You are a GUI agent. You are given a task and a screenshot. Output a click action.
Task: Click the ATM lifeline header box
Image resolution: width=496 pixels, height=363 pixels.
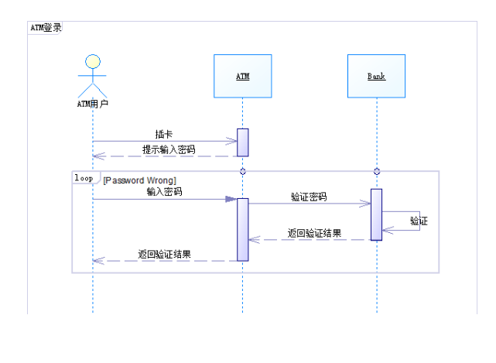(x=242, y=76)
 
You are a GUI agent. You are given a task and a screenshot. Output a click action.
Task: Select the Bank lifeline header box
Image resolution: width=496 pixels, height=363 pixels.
(x=376, y=76)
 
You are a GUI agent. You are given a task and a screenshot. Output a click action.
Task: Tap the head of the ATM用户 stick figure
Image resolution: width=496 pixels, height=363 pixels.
(x=93, y=61)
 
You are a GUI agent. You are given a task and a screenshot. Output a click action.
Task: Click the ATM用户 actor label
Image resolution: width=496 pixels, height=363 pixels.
(x=92, y=103)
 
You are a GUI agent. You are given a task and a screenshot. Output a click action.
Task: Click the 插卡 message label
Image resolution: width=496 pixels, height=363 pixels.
(x=164, y=134)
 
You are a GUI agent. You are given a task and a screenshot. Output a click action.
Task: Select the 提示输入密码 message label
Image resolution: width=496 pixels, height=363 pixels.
(x=169, y=149)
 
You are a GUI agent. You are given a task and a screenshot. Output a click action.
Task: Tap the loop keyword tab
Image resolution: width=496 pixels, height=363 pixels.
(x=83, y=177)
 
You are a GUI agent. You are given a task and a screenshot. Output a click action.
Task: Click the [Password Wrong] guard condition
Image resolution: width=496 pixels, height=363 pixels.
(x=139, y=180)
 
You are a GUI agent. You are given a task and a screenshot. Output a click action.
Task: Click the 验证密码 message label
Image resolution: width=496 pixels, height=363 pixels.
(x=308, y=197)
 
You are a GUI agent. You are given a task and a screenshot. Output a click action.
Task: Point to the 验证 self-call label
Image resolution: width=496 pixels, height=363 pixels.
(x=419, y=221)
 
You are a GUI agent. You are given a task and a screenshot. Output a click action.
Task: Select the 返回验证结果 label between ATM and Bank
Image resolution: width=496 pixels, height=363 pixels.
(x=314, y=232)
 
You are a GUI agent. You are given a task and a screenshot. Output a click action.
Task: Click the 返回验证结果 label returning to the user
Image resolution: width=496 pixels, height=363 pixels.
(x=165, y=253)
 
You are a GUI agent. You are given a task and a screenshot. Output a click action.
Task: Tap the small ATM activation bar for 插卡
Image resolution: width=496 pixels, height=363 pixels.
(x=243, y=142)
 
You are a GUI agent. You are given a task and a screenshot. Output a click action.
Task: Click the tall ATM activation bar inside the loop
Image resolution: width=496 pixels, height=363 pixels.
(x=243, y=229)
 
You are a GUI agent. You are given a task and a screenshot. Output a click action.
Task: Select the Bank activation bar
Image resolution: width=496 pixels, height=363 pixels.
(x=377, y=214)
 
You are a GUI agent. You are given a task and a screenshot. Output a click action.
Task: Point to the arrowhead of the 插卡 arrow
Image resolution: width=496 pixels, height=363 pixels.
(x=231, y=141)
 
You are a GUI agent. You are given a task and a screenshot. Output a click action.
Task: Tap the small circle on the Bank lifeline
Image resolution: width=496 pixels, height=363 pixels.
(x=377, y=171)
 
